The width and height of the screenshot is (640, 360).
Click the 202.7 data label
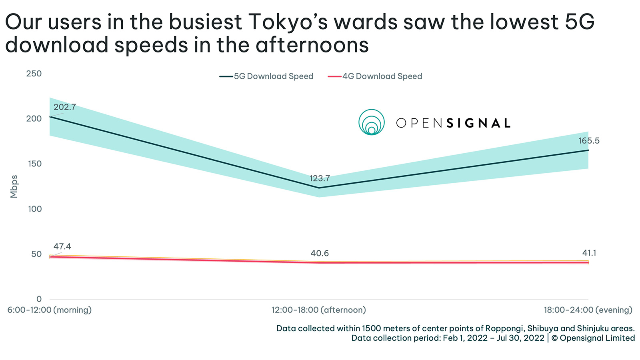(64, 107)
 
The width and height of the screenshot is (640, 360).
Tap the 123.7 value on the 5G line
(319, 178)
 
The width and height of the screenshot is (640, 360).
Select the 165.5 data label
(588, 141)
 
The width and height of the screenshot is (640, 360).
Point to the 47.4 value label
(62, 246)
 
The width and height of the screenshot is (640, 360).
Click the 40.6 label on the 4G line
(319, 253)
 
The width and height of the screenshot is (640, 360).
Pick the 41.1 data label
(589, 253)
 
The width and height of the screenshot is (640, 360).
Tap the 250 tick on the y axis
(34, 74)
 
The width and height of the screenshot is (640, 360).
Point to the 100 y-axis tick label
(34, 209)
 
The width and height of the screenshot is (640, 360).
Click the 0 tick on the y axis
(39, 299)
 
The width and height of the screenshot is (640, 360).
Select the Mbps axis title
(14, 186)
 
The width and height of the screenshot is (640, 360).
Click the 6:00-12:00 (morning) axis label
(50, 310)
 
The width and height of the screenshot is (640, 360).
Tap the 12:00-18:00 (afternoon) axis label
(318, 310)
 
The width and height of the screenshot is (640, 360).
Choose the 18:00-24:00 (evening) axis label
(588, 310)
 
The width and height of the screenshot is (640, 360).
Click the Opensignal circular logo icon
(371, 122)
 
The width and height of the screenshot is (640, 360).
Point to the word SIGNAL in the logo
(478, 123)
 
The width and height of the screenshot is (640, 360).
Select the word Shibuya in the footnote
(542, 328)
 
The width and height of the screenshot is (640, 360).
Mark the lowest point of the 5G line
(319, 188)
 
